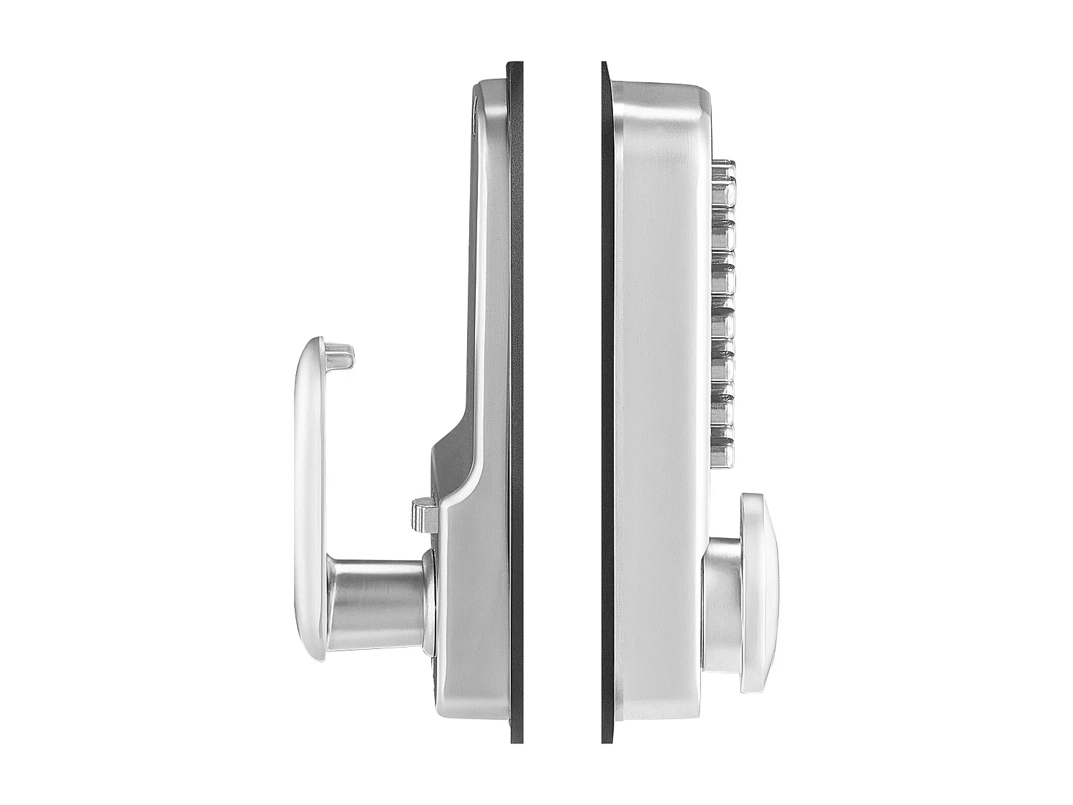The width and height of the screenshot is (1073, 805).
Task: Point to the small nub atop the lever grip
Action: point(339,355)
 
